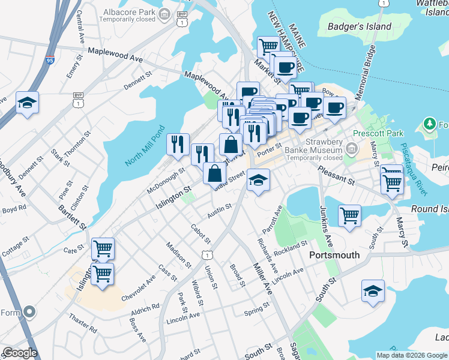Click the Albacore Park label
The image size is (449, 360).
click(113, 11)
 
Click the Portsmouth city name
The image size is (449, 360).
click(334, 254)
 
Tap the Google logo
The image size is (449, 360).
click(19, 353)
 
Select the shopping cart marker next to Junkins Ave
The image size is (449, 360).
click(349, 215)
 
